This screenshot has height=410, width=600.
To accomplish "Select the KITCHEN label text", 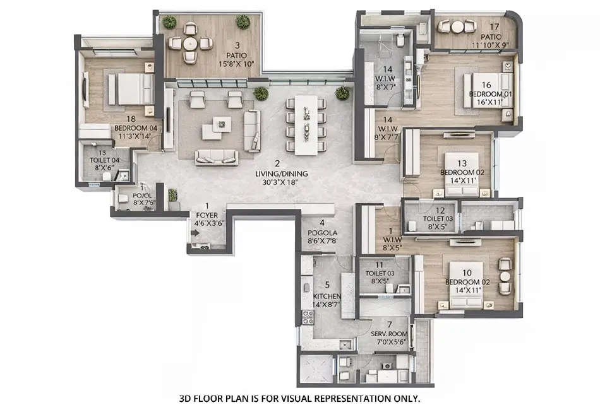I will pos(327,296).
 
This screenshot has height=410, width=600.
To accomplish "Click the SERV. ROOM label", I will pos(387,333).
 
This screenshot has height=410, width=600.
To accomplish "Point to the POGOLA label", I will pos(321,232).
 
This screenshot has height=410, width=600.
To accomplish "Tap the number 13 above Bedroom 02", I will pos(462,163).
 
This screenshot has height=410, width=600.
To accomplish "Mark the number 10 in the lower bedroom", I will pos(467,273).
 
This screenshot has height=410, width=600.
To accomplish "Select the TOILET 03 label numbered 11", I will pos(380,274).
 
